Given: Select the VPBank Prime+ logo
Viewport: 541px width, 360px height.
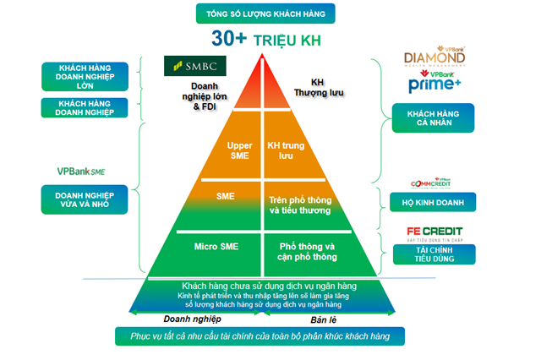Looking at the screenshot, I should [x=434, y=83].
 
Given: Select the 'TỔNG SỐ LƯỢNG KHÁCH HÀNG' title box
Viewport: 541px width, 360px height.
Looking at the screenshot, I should [x=265, y=14].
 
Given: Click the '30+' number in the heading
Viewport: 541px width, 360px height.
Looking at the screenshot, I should [x=230, y=39].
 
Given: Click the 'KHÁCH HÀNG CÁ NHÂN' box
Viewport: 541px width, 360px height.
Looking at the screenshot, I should [x=433, y=119].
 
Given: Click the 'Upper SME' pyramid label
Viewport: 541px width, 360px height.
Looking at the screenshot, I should [x=239, y=150].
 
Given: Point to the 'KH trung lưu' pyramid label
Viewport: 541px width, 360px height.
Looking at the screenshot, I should [x=285, y=150].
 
